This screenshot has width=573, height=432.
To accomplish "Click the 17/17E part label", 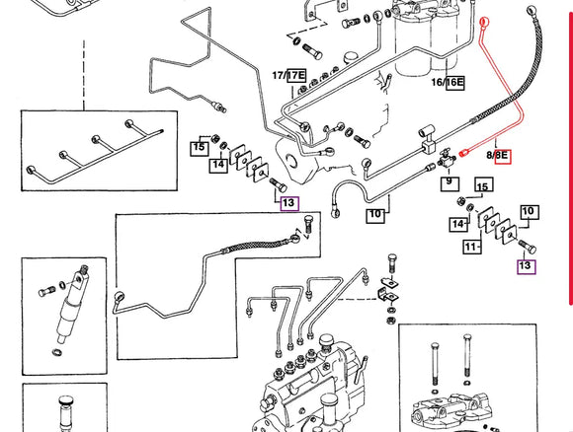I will point(288,75).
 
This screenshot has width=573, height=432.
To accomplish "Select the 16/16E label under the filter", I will point(448,82).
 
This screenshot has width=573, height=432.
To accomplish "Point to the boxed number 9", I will point(449,181).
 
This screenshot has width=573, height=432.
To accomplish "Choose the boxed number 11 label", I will point(472,245).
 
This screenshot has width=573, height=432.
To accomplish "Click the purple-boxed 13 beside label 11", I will point(526,264).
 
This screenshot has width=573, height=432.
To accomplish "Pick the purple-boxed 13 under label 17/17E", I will point(288,203).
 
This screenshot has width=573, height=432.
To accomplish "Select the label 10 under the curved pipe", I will point(374,213).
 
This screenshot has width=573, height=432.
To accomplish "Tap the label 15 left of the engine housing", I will point(199,147).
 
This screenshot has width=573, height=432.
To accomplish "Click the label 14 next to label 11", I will point(458,225).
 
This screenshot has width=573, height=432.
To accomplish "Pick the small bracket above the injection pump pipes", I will point(393,286).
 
